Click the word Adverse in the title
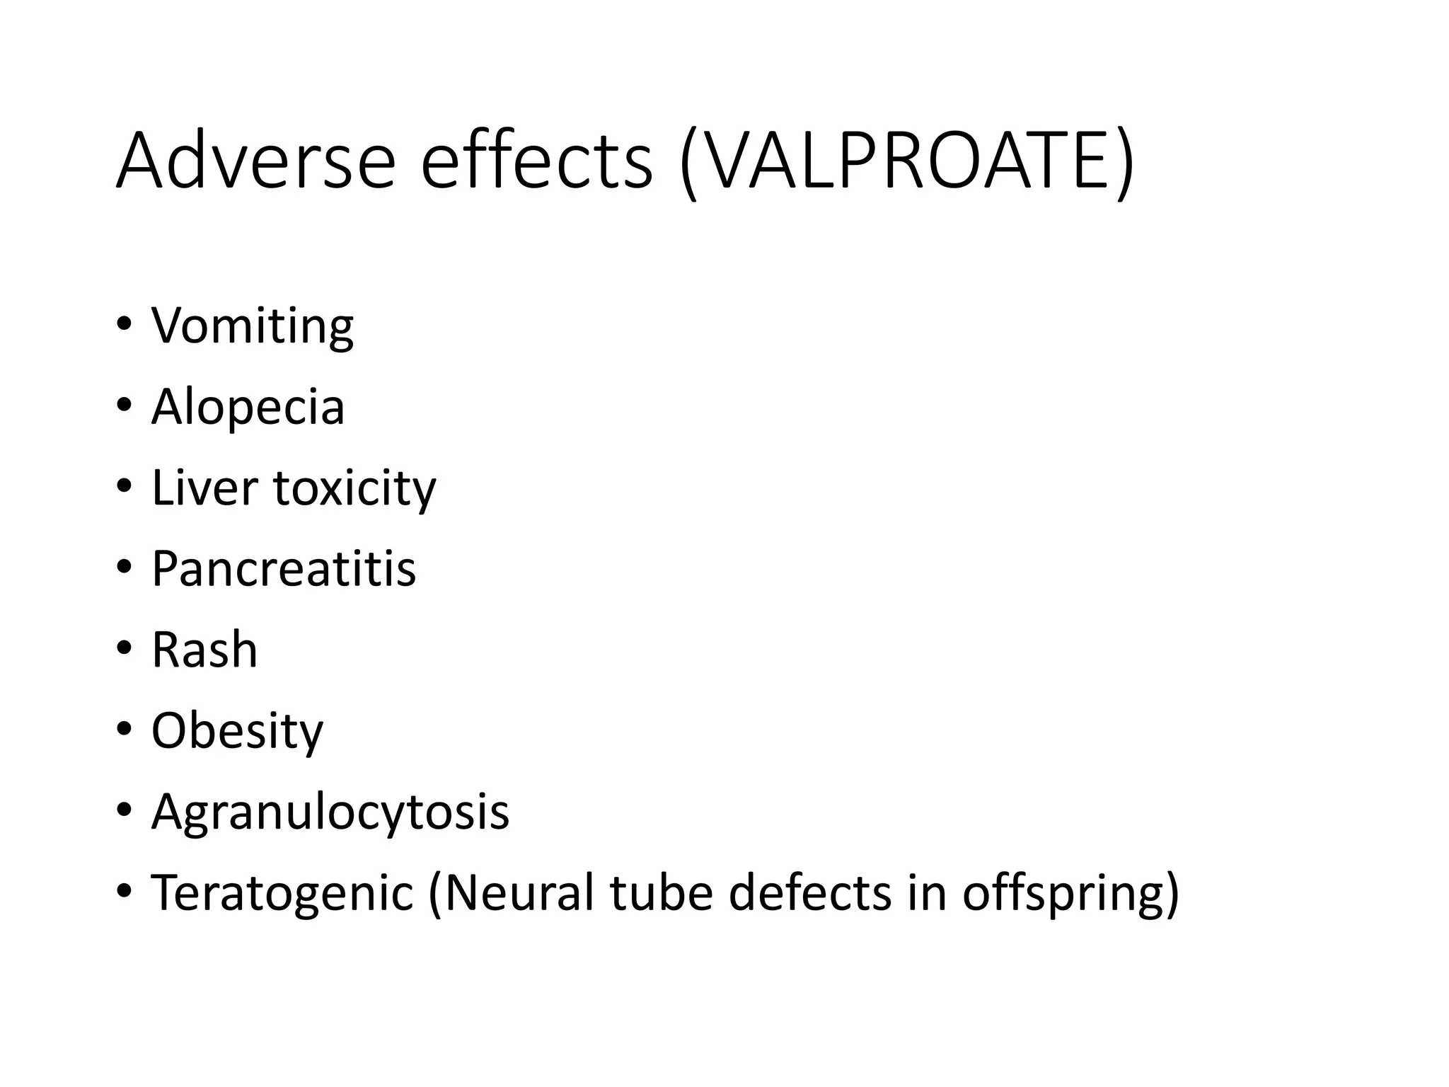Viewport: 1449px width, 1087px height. tap(255, 161)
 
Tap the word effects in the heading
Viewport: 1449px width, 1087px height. tap(536, 161)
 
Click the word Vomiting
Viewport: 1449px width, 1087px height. tap(252, 327)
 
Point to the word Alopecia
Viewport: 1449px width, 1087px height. tap(248, 408)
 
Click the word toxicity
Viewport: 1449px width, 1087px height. tap(354, 490)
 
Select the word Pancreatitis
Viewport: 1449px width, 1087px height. tap(284, 569)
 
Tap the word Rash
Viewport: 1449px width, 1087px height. tap(204, 650)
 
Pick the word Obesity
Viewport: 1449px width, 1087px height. tap(237, 732)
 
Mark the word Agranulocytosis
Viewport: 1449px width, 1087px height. tap(330, 812)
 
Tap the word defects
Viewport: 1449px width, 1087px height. tap(810, 893)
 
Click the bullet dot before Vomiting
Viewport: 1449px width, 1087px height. tap(125, 325)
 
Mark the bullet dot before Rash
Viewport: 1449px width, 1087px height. tap(125, 648)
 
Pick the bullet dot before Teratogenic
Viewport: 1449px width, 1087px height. tap(125, 890)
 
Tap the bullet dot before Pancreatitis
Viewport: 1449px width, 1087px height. tap(125, 567)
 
